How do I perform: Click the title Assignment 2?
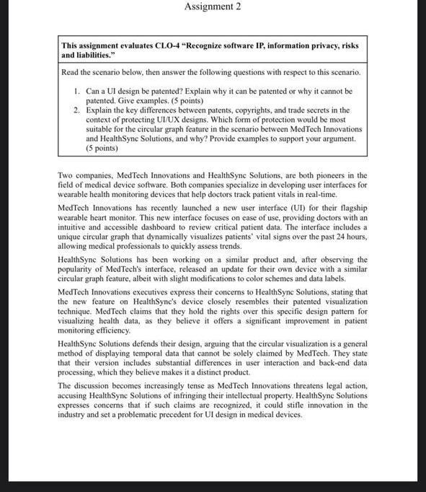pos(213,7)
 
